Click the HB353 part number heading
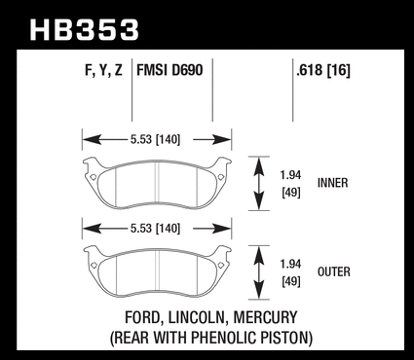85,30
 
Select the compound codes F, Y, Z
103,70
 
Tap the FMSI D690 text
169,70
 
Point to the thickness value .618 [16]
323,70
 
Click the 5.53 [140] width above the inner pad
155,139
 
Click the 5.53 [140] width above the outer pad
155,229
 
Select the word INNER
332,183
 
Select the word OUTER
334,271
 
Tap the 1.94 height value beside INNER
290,175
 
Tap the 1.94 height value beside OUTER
290,264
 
